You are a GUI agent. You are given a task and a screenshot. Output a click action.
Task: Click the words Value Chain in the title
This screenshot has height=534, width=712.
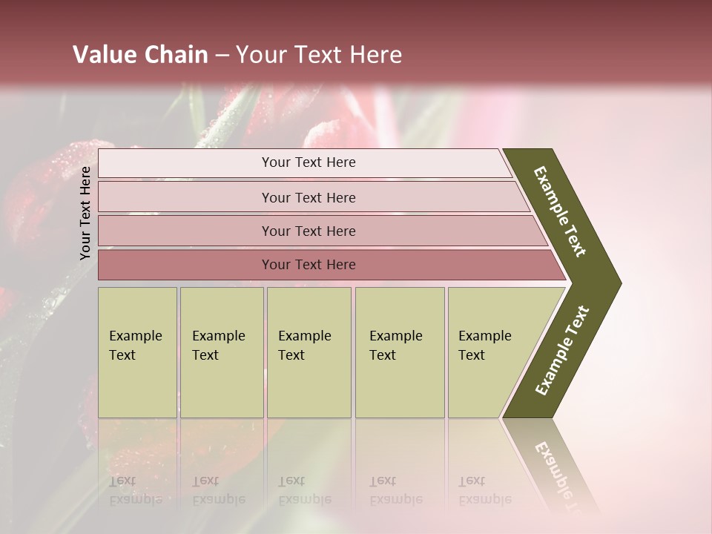pyautogui.click(x=140, y=55)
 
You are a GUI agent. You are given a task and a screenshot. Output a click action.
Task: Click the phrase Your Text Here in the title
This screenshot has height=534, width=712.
pyautogui.click(x=319, y=55)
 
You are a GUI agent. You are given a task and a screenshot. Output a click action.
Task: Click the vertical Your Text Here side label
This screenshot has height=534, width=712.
pyautogui.click(x=85, y=213)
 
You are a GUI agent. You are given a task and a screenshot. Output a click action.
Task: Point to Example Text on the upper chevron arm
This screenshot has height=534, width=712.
pyautogui.click(x=560, y=211)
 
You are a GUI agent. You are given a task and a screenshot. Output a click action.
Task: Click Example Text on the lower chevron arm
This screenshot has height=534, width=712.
pyautogui.click(x=562, y=351)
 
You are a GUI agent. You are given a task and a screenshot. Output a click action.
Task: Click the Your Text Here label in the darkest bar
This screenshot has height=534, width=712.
pyautogui.click(x=309, y=265)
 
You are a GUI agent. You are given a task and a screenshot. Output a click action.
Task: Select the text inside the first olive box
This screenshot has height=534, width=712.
pyautogui.click(x=135, y=346)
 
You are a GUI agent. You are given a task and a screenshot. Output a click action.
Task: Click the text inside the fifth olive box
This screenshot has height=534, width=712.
pyautogui.click(x=484, y=346)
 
